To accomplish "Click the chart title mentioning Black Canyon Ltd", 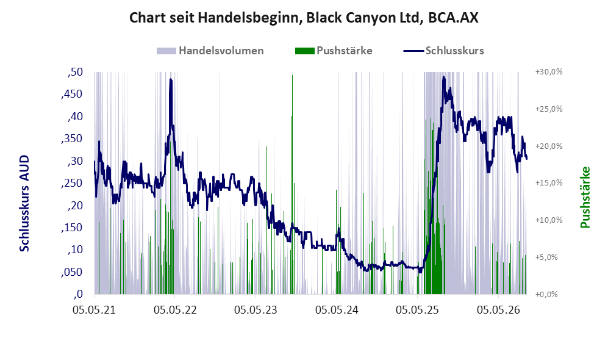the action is (304, 18).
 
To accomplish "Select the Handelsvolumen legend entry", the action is (210, 51).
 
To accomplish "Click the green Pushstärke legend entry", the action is (334, 51).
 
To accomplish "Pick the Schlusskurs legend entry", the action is (443, 51).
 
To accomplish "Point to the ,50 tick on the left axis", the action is (75, 72).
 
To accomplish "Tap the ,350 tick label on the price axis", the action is (72, 139).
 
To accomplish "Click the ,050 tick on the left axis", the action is (72, 272).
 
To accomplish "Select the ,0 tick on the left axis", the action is (78, 294).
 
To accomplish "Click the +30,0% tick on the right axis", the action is (549, 72).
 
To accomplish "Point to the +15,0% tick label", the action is (549, 182).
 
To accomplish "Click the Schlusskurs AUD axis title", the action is (24, 203).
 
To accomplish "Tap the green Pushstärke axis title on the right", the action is (585, 198).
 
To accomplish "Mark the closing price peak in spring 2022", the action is (171, 79).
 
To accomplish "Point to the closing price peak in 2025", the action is (443, 77).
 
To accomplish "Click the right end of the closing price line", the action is (526, 158).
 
